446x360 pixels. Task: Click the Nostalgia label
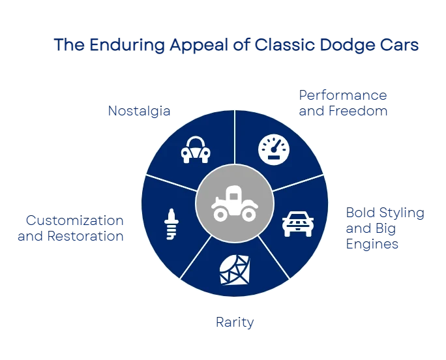point(139,112)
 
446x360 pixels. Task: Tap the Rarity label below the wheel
point(235,322)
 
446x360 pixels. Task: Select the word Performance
point(344,95)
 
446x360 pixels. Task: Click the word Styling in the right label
point(398,213)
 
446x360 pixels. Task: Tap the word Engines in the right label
point(372,245)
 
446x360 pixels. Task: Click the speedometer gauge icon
point(273,149)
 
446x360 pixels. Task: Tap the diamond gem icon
point(235,269)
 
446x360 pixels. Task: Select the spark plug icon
point(171,224)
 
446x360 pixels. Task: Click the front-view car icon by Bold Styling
point(298,223)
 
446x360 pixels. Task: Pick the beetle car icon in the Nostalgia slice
point(196,149)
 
